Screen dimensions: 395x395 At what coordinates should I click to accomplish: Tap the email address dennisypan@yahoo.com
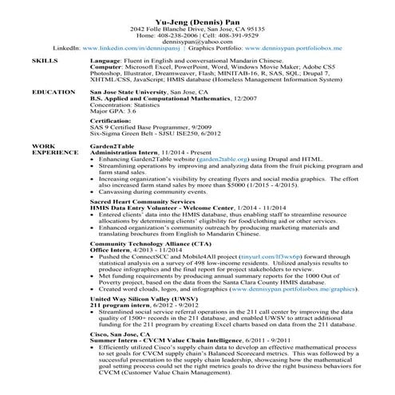(x=196, y=42)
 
